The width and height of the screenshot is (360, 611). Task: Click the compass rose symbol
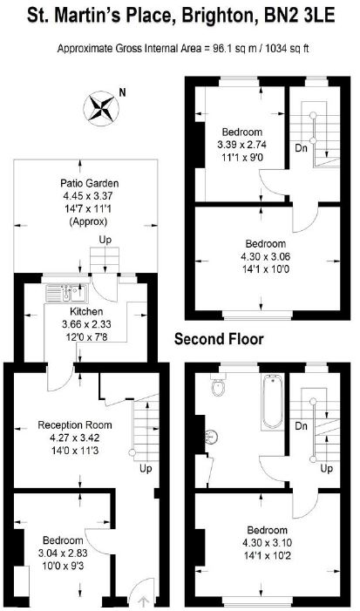point(101,108)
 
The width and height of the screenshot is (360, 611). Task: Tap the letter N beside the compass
point(123,92)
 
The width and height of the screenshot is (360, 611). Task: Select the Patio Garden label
point(89,183)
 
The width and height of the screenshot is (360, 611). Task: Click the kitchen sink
point(67,294)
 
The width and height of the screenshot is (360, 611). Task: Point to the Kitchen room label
point(86,311)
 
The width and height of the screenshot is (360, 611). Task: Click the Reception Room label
point(75,425)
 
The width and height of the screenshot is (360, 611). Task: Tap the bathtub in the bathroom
point(273,401)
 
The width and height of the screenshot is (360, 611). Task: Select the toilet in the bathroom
point(218,384)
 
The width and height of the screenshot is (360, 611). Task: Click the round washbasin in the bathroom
point(211,437)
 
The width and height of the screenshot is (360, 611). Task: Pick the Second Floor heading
point(219,339)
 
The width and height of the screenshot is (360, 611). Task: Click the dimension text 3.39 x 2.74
point(242,145)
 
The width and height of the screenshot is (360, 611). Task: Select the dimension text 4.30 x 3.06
point(265,256)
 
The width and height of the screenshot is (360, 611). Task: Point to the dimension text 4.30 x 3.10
point(268,543)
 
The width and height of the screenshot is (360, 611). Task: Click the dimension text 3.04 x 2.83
point(63,553)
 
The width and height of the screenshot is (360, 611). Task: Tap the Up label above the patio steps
point(105,240)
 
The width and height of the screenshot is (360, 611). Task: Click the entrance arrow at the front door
point(143,602)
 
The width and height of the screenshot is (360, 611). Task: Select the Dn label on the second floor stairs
point(301,148)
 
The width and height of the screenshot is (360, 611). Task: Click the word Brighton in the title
point(221,16)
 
